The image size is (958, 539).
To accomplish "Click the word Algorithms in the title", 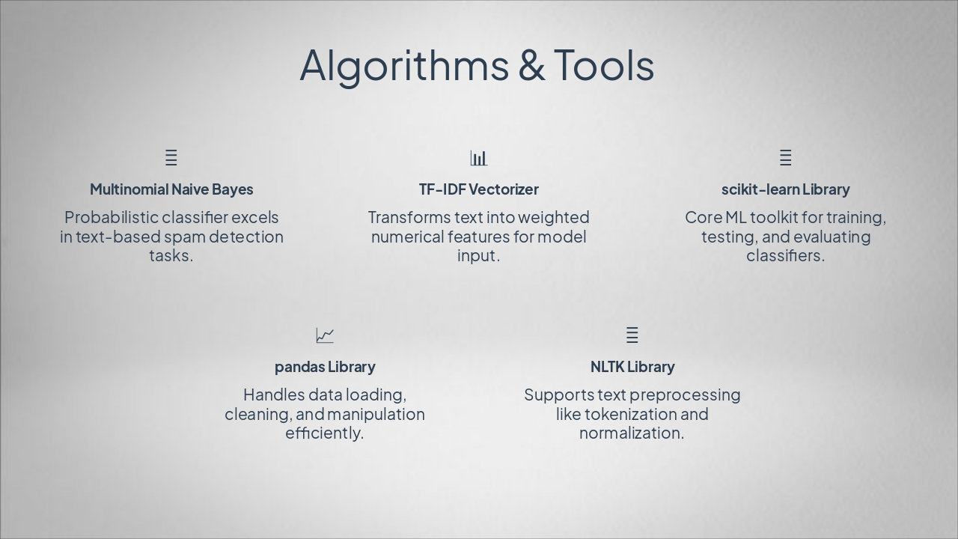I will pos(403,66).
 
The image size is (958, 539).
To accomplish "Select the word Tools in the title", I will pos(603,66).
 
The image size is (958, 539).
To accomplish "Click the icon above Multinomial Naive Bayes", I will pos(171,158).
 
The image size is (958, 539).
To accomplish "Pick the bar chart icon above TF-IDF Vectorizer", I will pos(479,158).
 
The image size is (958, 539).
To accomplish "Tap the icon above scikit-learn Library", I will pos(785,158).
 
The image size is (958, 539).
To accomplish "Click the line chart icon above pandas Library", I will pos(325,335).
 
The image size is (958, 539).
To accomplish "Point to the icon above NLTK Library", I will pos(632,335).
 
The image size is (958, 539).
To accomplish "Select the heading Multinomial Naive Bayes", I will pos(171,189).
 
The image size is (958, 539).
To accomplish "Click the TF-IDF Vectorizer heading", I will pos(479,189).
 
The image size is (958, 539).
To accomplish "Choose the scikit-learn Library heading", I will pos(785,189).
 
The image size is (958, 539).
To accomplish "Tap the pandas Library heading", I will pos(325,367).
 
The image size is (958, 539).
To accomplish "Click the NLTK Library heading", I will pos(632,367).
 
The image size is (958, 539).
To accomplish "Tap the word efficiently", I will pos(324,433).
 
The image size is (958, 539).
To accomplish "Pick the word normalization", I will pos(632,433).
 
